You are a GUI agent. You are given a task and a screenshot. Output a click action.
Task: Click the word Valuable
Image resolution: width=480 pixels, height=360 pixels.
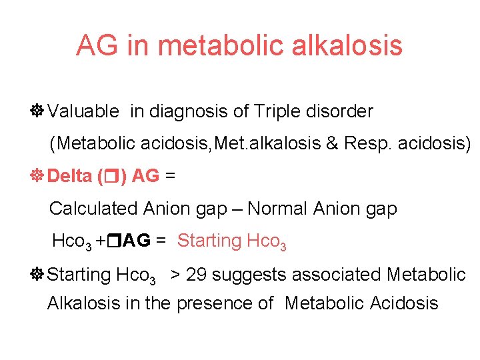coord(83,111)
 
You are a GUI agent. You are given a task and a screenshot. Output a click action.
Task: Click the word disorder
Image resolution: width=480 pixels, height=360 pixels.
coord(341,111)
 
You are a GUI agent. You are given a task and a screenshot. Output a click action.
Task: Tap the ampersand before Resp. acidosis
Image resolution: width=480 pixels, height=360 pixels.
coord(329,143)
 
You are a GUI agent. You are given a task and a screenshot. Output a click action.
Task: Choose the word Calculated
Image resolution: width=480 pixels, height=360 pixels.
coord(93,209)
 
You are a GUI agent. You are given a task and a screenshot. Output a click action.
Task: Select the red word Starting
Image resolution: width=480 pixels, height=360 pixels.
coord(209,241)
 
